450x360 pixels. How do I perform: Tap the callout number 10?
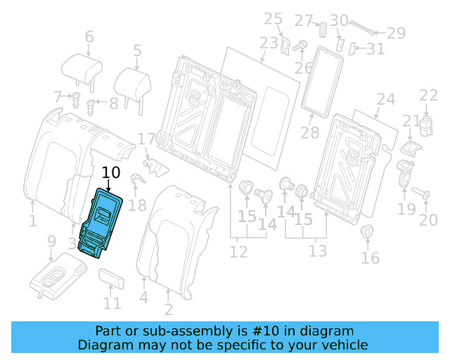(111, 173)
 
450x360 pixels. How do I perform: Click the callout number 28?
(309, 132)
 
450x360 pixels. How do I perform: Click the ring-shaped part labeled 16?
(366, 233)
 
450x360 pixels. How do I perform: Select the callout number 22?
(428, 96)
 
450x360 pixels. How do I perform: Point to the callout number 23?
(269, 43)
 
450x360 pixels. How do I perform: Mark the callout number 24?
(385, 99)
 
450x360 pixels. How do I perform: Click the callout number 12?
(238, 251)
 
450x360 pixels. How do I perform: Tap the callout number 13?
(318, 251)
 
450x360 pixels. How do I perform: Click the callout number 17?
(145, 139)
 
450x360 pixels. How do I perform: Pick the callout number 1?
(32, 222)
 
